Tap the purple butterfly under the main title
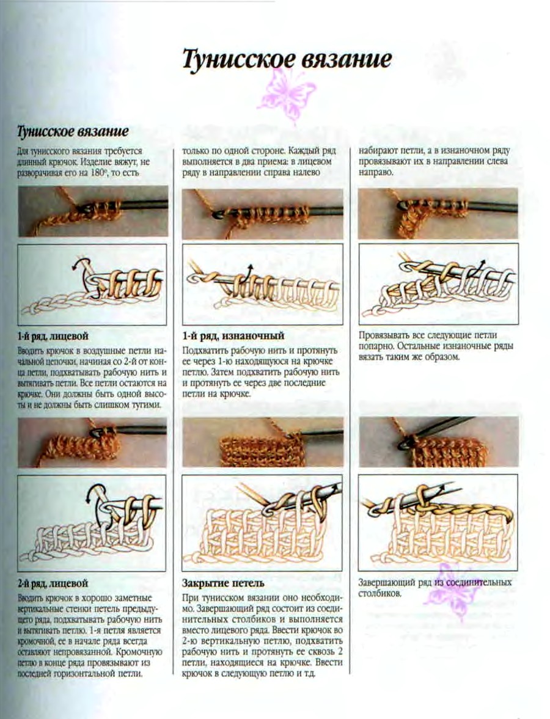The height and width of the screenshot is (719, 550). pos(286,97)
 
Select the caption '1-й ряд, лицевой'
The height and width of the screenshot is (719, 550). pos(53,336)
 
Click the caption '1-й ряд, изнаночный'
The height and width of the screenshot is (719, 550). pos(233,336)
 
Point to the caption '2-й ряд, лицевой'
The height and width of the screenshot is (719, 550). pos(53,583)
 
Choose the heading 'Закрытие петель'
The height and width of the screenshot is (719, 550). pos(223,583)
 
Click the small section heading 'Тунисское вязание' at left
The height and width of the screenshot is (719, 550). pos(73,131)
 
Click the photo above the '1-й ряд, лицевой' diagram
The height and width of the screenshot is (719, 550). pos(93,213)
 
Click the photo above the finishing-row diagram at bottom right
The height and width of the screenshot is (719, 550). pos(439,442)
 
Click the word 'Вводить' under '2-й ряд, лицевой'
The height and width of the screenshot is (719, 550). pos(31,599)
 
